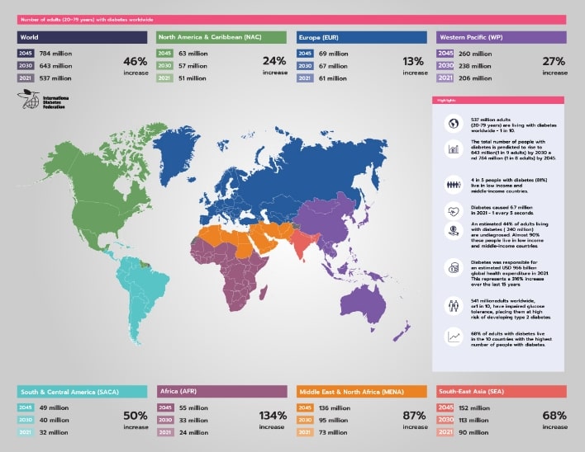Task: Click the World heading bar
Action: [x=83, y=37]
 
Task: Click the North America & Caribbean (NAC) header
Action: [x=221, y=37]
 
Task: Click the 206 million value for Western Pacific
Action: [x=475, y=78]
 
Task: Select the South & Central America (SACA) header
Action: [x=83, y=391]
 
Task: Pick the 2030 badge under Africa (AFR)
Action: [x=165, y=420]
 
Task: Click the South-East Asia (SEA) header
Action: [x=502, y=391]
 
